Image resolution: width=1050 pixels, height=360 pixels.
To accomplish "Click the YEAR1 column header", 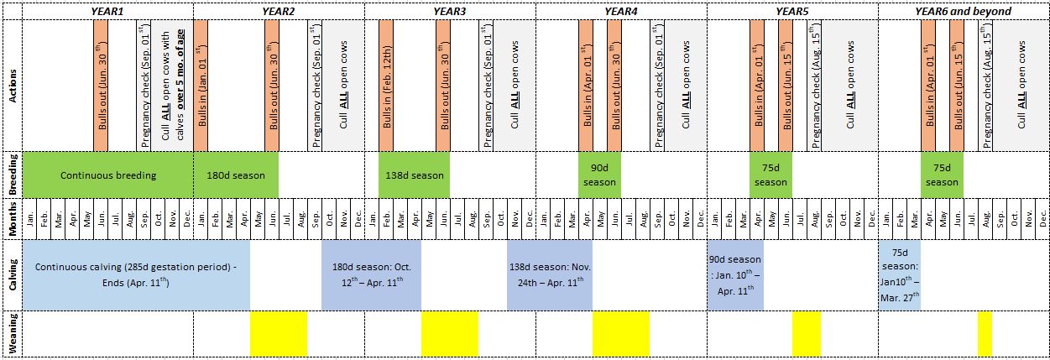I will pos(107,11).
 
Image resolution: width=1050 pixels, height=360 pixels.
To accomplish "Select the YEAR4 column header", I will pos(620,11).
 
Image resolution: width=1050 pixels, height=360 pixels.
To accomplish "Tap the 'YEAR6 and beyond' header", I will pos(963,11).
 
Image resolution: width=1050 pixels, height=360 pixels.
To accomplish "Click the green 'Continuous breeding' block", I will pos(108,175).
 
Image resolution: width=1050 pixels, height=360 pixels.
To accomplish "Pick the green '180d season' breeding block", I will pos(236,175).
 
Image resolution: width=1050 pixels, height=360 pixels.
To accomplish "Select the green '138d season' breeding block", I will pos(414,175).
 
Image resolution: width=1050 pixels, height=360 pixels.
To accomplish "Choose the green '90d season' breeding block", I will pos(599,175).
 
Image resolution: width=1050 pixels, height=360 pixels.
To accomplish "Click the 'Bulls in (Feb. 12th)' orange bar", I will pos(386,86).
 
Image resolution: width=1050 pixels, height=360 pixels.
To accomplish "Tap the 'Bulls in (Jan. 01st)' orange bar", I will pos(201,86).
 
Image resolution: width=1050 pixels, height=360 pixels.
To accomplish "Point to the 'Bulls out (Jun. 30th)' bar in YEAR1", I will pos(100,86).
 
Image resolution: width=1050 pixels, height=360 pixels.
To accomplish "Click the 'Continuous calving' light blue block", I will pos(136,274).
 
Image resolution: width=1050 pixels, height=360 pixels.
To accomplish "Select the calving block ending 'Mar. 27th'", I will pos(899,274).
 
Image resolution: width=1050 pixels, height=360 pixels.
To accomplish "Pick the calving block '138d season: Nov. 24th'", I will pos(549,274).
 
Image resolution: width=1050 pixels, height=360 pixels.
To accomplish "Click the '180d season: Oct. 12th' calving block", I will pos(371,274).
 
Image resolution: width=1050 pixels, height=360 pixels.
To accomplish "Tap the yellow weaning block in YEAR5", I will pos(806,333).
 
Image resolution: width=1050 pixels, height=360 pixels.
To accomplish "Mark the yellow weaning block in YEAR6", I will pos(985,333).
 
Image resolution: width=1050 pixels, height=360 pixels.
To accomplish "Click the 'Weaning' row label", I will pos(12,333).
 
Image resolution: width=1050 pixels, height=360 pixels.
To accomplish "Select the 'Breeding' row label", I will pos(12,175).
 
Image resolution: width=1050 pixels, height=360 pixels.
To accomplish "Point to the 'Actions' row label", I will pos(12,86).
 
